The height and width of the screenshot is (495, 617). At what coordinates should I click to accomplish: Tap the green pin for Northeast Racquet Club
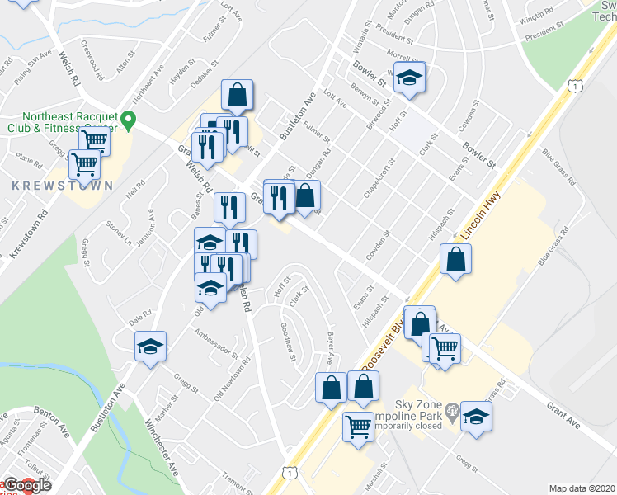tap(128, 122)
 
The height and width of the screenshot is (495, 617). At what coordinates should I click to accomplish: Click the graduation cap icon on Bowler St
tap(408, 78)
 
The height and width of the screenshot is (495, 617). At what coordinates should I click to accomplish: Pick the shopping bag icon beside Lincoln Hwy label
tap(455, 260)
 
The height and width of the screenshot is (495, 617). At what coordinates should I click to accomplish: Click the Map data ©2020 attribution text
tap(582, 488)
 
